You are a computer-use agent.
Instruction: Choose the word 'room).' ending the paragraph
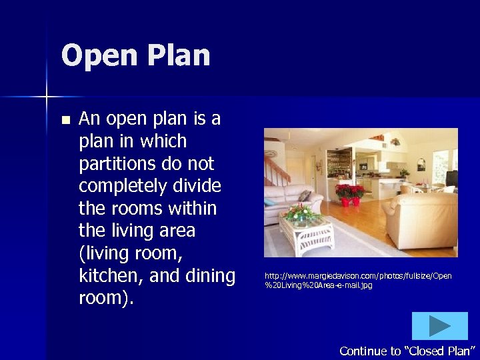tap(106, 298)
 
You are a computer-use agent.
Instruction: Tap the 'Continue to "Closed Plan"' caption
tap(407, 351)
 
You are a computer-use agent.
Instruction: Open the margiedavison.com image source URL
tap(358, 280)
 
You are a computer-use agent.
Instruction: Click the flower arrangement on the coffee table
tap(301, 213)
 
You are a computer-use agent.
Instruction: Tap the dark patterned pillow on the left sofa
tap(304, 197)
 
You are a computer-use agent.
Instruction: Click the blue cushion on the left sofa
tap(270, 201)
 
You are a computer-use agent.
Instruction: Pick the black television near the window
tap(451, 178)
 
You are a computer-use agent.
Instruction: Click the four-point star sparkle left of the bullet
tap(46, 97)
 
